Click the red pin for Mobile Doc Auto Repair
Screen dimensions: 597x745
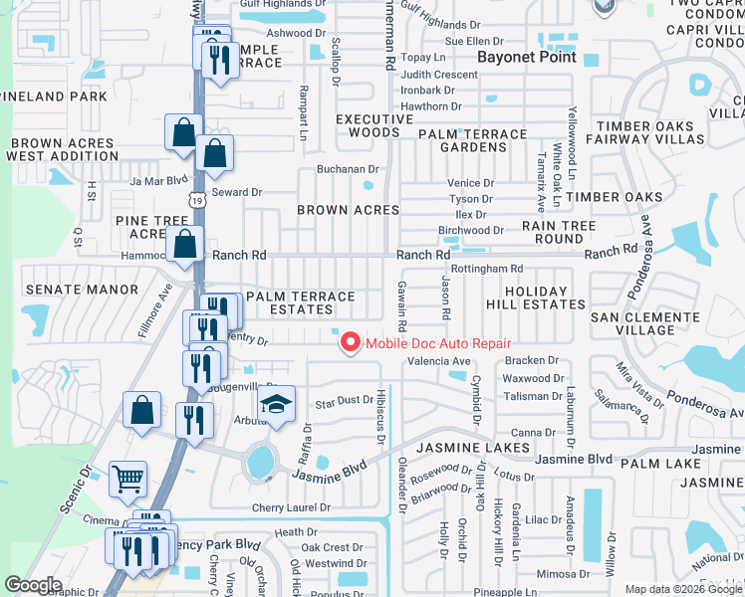tap(350, 343)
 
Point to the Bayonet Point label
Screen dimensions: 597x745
tap(527, 57)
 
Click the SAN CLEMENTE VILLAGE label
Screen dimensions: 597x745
tap(645, 323)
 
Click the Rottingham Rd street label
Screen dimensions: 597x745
tap(486, 269)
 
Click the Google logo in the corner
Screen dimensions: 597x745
tap(34, 585)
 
